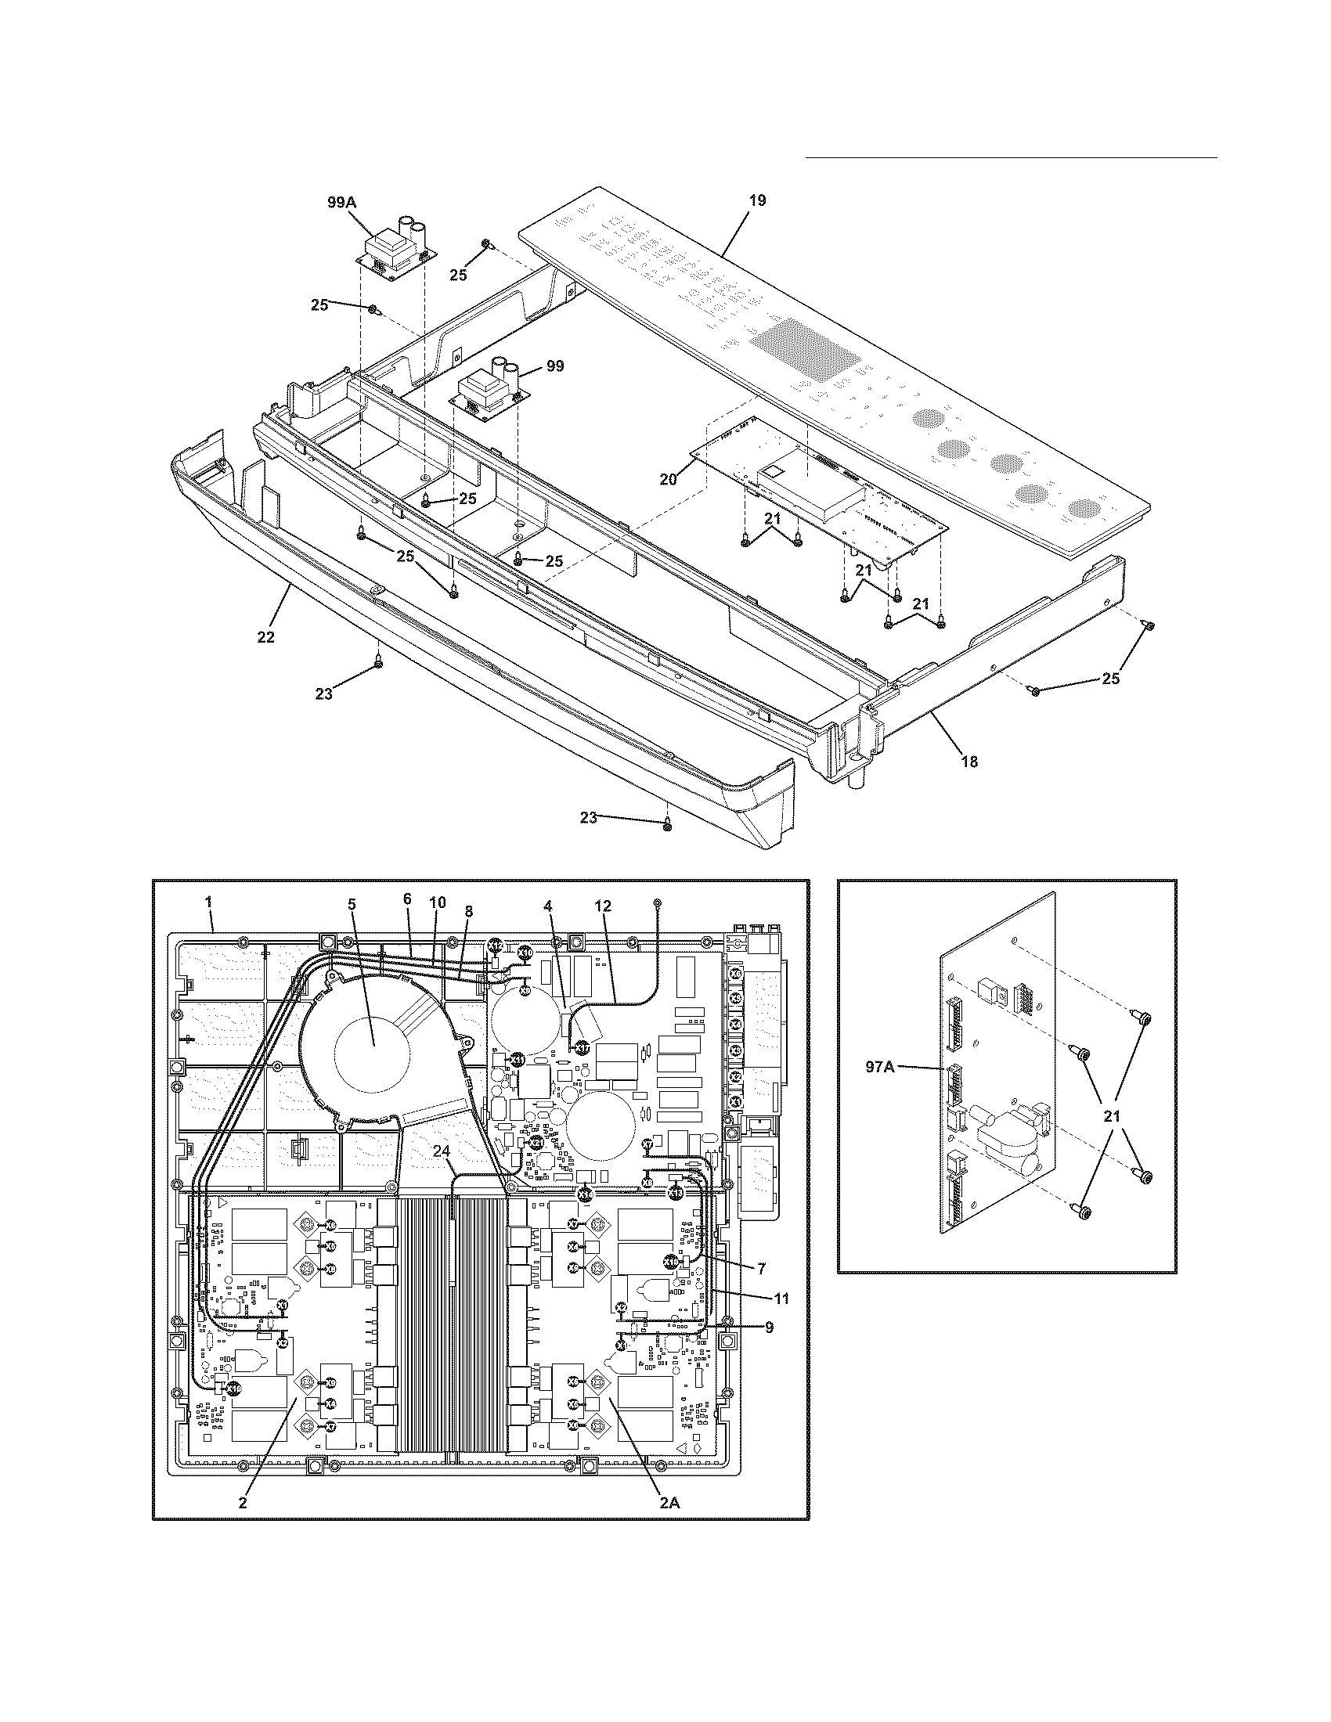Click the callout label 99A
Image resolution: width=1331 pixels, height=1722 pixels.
tap(341, 203)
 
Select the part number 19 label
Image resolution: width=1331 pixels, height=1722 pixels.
tap(756, 200)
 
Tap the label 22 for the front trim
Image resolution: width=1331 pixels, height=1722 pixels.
tap(265, 637)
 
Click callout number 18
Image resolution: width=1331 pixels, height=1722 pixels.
tap(969, 761)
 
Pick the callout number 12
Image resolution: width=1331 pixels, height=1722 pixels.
tap(603, 906)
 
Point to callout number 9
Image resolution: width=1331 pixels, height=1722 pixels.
tap(768, 1327)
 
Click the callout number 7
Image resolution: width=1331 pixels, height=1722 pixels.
tap(761, 1269)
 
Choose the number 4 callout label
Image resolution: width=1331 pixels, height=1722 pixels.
tap(547, 906)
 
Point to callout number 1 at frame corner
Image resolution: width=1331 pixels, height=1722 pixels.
tap(209, 901)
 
